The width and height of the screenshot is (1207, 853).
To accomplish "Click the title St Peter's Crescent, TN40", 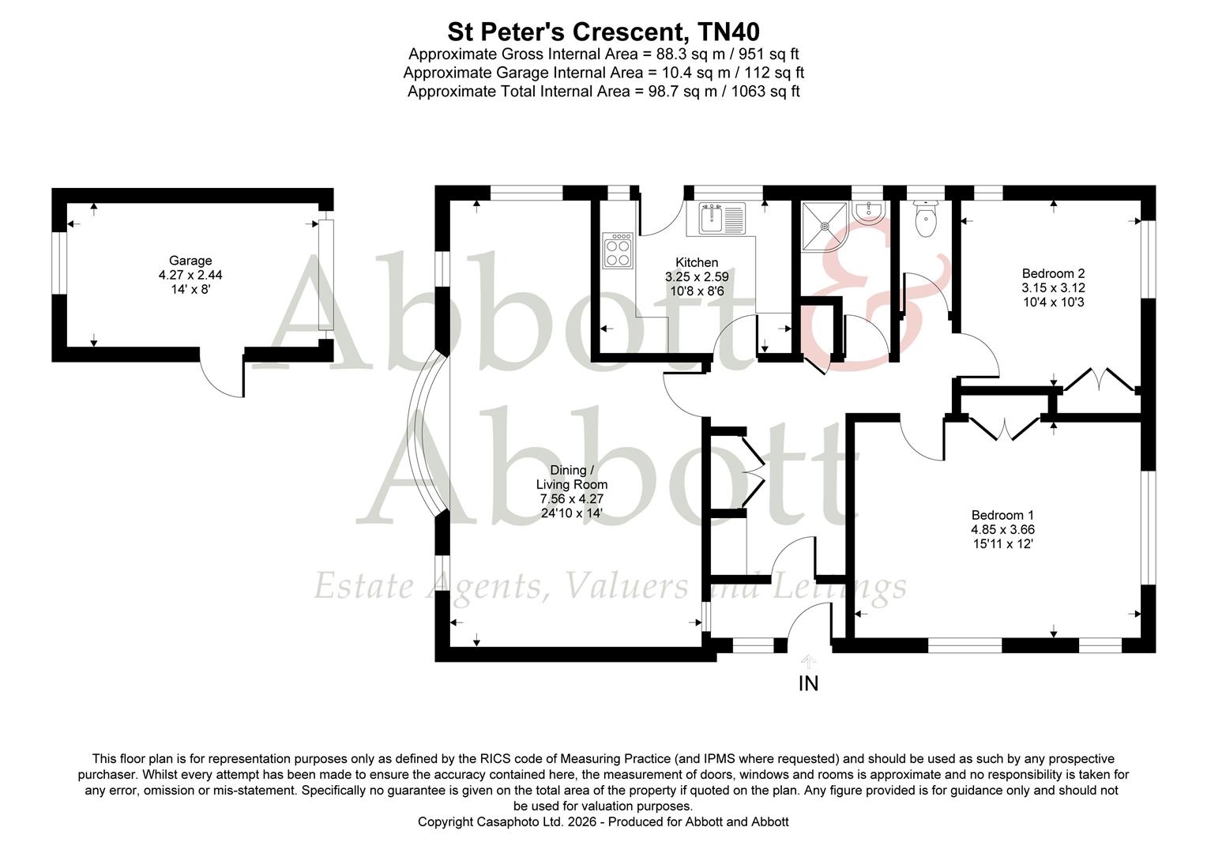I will (603, 32).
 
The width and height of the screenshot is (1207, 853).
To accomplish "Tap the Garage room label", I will (190, 261).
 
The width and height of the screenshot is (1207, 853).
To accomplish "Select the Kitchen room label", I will (697, 262).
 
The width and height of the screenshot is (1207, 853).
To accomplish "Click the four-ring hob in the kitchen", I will (618, 250).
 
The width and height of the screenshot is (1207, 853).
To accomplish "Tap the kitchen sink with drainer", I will (722, 218).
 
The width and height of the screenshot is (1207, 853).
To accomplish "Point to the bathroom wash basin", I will (870, 211).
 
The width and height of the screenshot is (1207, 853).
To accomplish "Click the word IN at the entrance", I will (808, 684).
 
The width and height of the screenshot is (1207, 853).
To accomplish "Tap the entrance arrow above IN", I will (808, 661).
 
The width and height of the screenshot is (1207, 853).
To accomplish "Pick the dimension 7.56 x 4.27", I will (572, 499).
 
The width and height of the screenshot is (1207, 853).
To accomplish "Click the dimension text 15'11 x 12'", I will (1002, 544).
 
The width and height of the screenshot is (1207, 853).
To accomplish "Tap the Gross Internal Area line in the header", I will (603, 54).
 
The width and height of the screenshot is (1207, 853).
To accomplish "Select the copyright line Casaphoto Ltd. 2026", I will (603, 821).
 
